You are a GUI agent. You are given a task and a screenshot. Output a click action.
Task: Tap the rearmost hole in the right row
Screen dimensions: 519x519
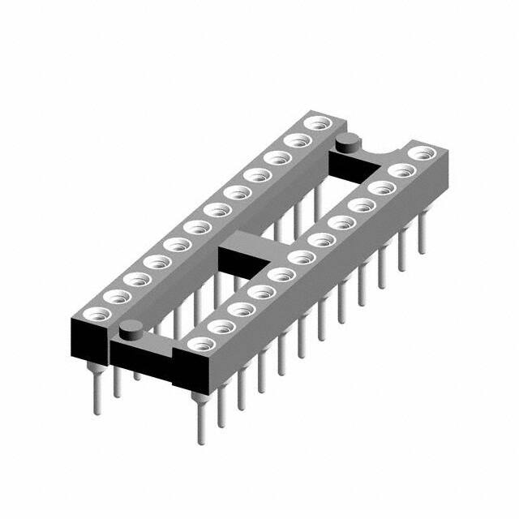(x=421, y=152)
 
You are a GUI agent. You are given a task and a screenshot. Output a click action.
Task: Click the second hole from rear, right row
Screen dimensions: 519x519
(x=401, y=169)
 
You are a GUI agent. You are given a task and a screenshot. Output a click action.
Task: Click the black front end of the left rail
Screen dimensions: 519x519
(x=89, y=341)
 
